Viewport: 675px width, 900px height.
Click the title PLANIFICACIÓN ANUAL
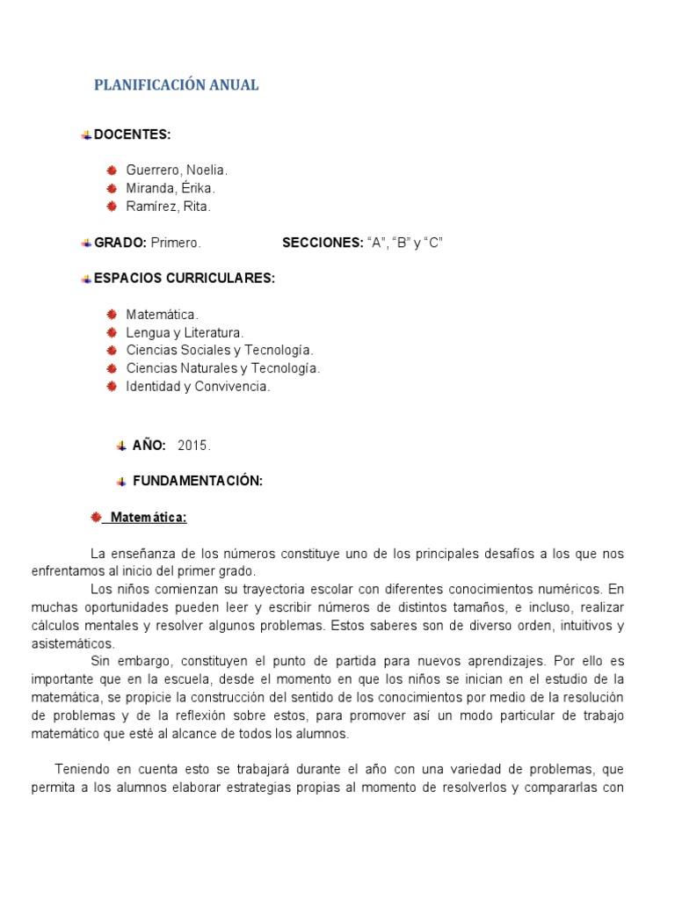point(176,85)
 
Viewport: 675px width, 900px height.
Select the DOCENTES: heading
point(132,134)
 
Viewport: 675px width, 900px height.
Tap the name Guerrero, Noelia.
point(177,171)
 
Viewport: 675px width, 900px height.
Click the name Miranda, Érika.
point(171,188)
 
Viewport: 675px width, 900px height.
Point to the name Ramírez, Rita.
point(169,207)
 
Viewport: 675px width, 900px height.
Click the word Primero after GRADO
point(176,243)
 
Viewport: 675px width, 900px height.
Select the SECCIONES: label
point(322,243)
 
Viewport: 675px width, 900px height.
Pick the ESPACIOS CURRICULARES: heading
point(185,279)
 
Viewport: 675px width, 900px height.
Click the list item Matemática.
point(163,315)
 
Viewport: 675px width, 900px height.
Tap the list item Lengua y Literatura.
point(185,332)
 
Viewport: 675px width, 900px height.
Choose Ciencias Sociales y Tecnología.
point(220,351)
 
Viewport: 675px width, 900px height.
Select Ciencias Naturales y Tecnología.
point(223,368)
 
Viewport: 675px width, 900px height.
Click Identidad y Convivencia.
point(198,387)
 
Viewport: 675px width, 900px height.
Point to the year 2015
point(194,446)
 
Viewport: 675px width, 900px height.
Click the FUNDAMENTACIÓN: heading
point(198,481)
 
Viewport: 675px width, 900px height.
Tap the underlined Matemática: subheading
point(147,518)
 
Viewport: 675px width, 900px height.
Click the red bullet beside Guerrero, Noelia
point(112,171)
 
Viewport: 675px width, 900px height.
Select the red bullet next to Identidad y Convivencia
point(112,387)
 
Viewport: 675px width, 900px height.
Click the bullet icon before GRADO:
point(86,243)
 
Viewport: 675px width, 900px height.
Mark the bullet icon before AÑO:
point(121,446)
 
